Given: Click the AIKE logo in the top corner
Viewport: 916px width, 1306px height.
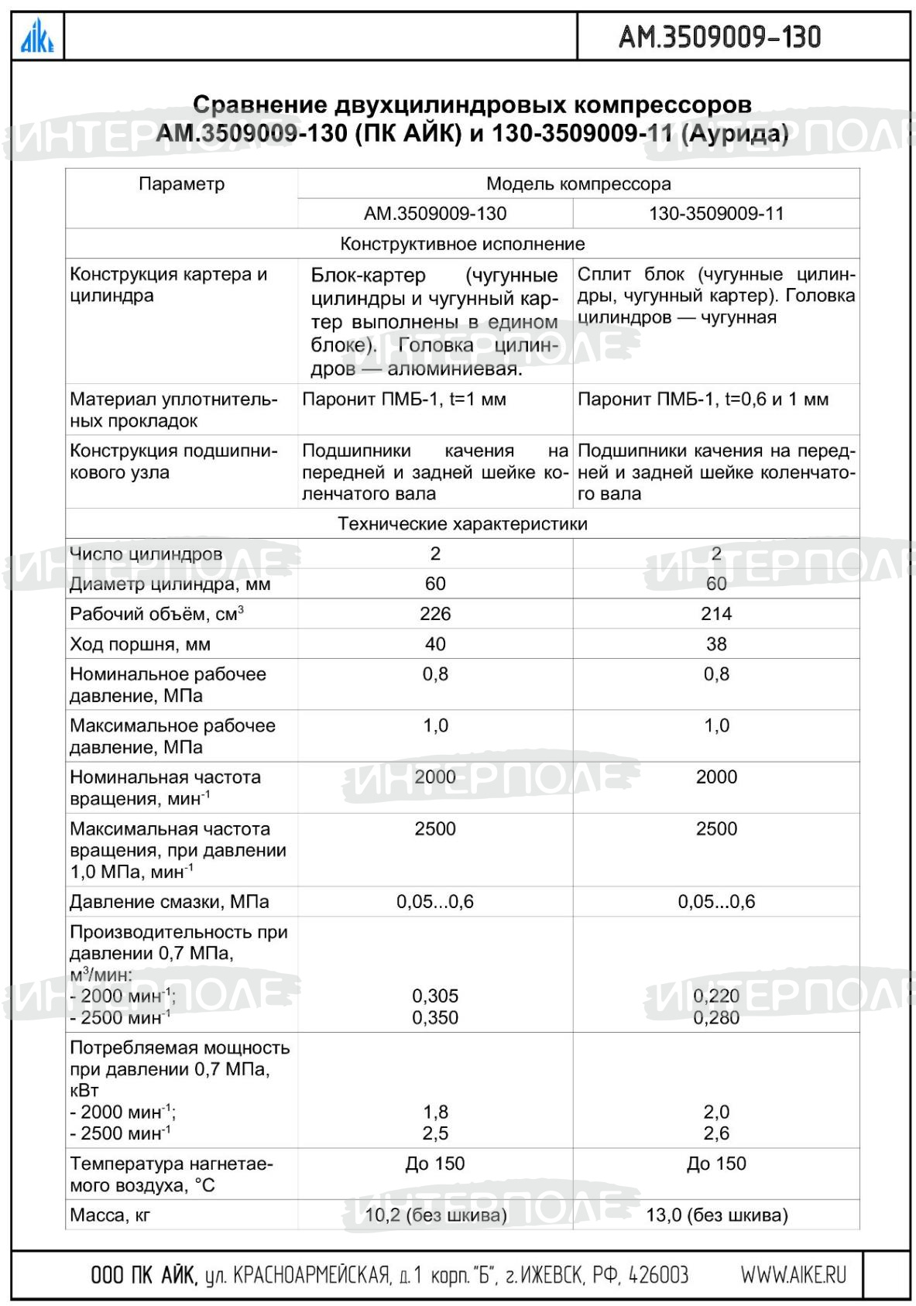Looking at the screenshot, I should (x=36, y=36).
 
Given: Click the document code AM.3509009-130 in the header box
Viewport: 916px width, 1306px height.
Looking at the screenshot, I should (x=719, y=36).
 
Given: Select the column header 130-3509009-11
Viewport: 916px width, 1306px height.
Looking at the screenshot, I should (x=716, y=214).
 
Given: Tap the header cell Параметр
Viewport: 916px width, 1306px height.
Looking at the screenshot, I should (x=181, y=184).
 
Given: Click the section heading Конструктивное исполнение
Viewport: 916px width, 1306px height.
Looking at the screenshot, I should (x=462, y=244).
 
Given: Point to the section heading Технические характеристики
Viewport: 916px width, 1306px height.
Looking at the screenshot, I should (x=462, y=524).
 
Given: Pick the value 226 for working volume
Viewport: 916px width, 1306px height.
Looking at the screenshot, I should (x=435, y=614).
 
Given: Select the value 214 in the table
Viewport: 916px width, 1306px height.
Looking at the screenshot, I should (x=716, y=614).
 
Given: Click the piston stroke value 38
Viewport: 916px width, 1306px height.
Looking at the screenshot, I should (x=716, y=644).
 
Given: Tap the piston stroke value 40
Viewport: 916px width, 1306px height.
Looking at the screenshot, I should (x=435, y=644).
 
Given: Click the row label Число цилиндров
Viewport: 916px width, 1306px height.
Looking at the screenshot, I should (x=146, y=554).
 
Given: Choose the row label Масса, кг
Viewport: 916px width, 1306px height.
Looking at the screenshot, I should (x=110, y=1215).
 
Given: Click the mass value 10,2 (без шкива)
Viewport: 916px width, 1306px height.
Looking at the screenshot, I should (x=436, y=1215).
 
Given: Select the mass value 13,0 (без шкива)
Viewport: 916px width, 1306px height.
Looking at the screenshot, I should (x=717, y=1215).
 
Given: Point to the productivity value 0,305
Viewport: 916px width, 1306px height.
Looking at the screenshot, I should (x=435, y=996).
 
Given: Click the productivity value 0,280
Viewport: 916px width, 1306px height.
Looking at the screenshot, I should (x=716, y=1018).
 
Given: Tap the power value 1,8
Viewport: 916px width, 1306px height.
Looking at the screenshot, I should (x=435, y=1112).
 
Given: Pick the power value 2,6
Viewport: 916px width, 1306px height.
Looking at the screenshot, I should (x=716, y=1133).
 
